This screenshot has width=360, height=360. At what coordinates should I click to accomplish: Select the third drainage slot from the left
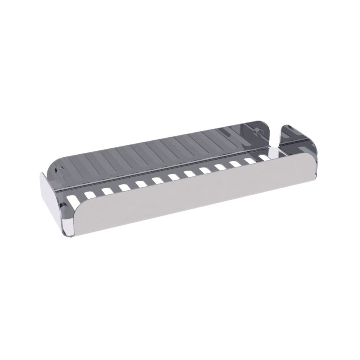pyautogui.click(x=107, y=191)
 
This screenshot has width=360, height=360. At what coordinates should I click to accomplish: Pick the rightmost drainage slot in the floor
pyautogui.click(x=264, y=158)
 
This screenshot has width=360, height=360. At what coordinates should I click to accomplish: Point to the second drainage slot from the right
pyautogui.click(x=250, y=160)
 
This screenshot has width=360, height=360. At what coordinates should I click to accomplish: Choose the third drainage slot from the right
pyautogui.click(x=235, y=164)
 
